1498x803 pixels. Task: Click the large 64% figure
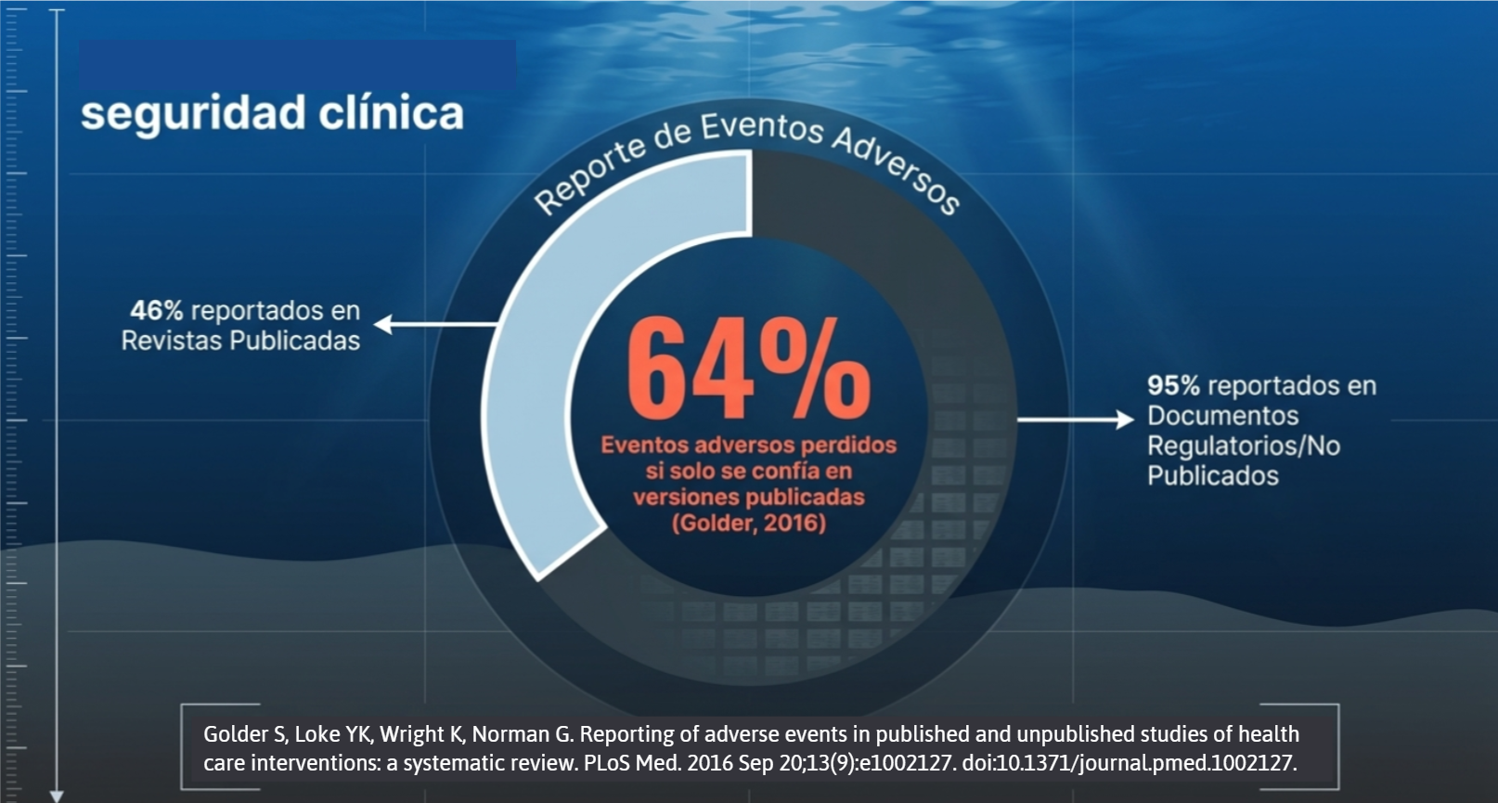click(748, 369)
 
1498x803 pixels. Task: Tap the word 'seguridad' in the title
click(192, 113)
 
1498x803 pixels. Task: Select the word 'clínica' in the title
click(391, 113)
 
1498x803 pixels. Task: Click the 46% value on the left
click(156, 310)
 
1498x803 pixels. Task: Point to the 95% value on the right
click(1173, 385)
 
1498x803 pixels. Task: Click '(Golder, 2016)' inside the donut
click(748, 523)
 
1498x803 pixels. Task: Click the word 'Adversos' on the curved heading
click(895, 167)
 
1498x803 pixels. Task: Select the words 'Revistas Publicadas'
click(240, 341)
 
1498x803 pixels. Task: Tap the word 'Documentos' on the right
click(1222, 415)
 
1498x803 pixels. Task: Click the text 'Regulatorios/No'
click(1243, 446)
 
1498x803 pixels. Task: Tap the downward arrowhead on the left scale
click(57, 796)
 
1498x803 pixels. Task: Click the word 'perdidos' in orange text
click(849, 445)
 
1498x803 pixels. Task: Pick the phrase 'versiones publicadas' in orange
click(748, 497)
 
